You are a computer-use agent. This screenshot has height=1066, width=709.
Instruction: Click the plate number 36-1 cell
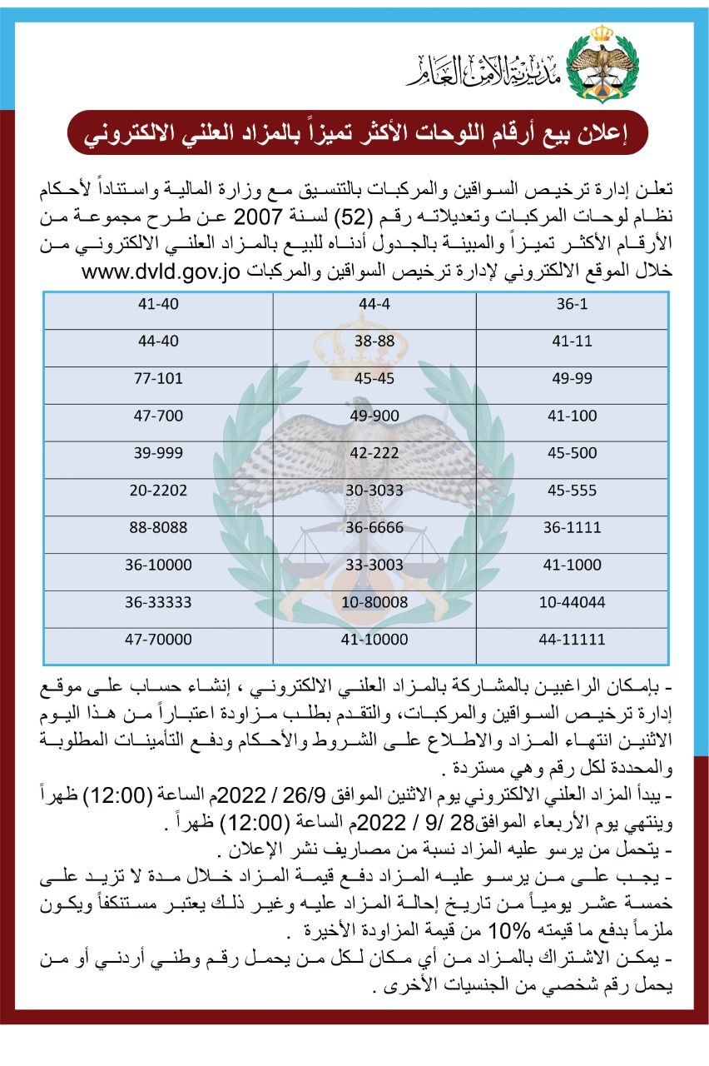coord(571,305)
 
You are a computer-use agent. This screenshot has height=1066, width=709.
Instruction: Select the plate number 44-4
coord(374,305)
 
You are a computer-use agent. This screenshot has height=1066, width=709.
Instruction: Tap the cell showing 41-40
coord(157,305)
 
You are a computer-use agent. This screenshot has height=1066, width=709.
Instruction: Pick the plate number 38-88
coord(374,341)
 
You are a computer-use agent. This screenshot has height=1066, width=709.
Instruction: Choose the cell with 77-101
coord(157,379)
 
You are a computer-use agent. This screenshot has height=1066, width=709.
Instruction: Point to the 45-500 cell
coord(571,453)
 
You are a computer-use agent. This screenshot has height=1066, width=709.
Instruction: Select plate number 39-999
coord(157,453)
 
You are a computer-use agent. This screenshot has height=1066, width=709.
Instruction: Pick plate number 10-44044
coord(571,602)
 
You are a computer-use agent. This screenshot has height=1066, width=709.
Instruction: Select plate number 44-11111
coord(571,640)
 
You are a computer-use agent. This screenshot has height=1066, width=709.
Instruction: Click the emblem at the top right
coord(601,62)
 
